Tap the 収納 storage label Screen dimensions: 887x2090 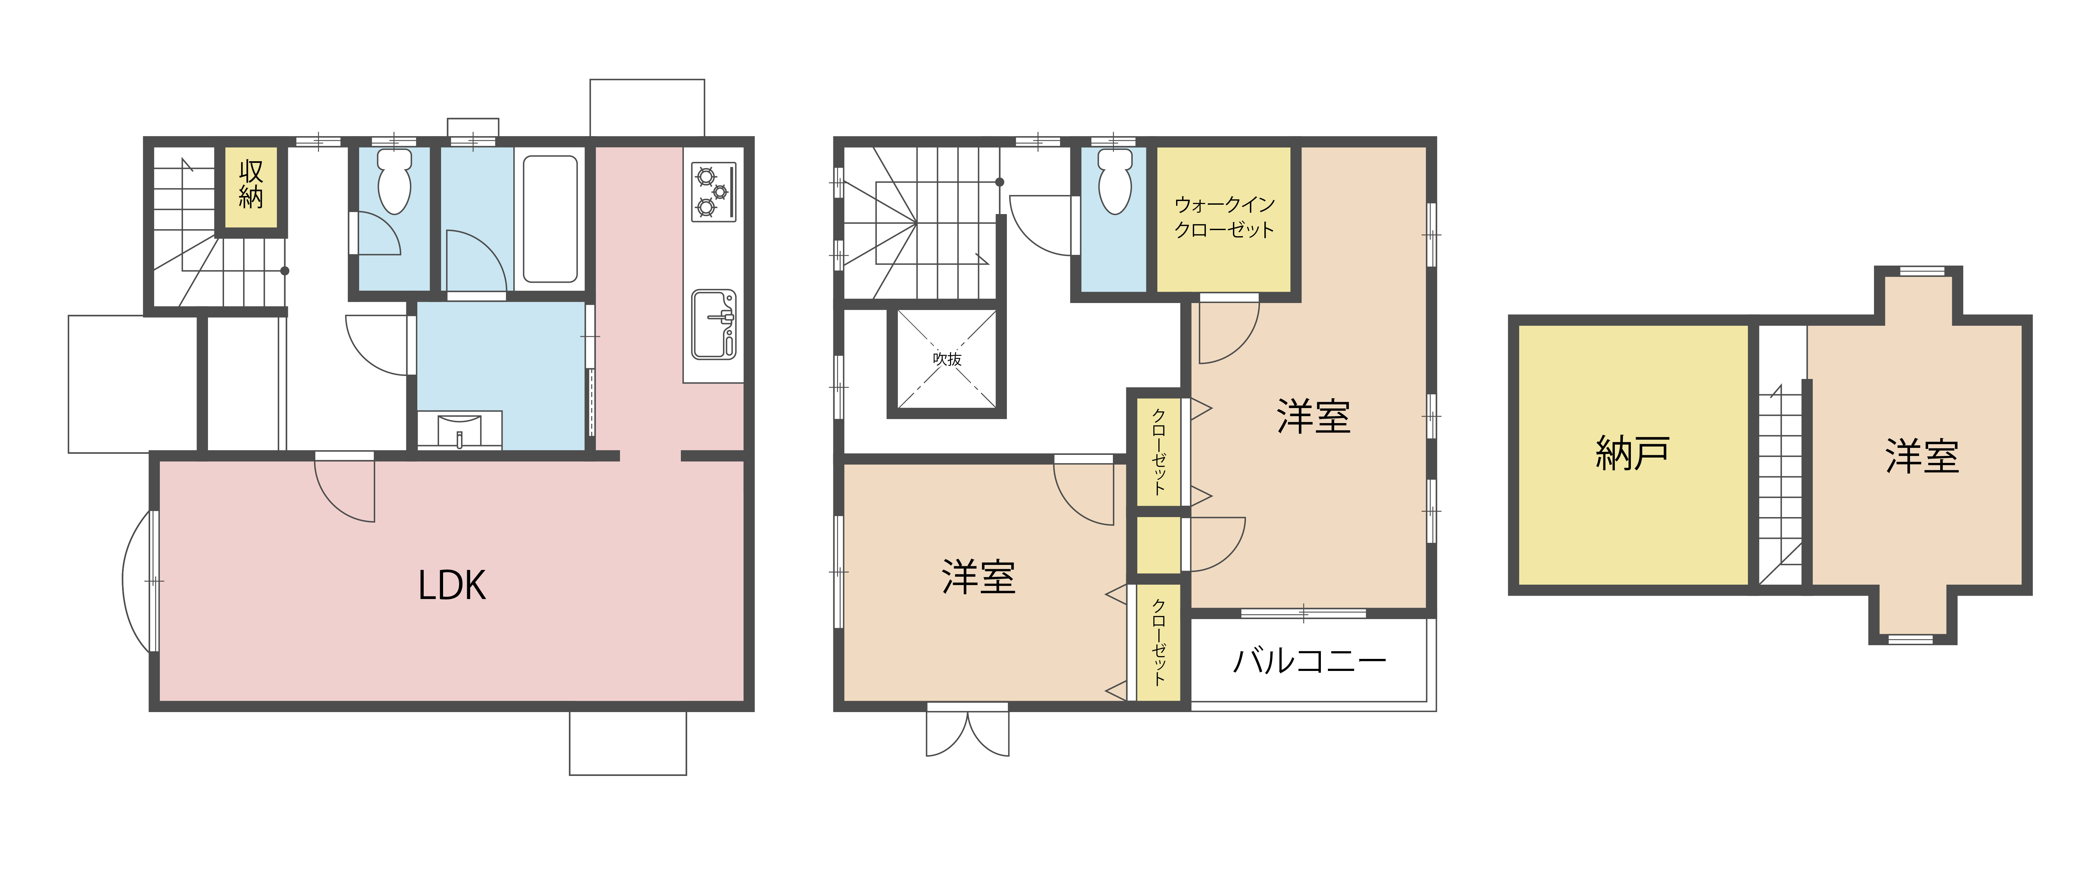tap(251, 185)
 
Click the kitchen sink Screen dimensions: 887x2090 tap(713, 324)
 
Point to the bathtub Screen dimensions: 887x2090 tap(550, 219)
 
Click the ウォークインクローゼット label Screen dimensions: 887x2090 tap(1224, 217)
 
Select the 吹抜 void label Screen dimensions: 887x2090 tap(947, 359)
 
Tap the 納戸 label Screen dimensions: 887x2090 tap(1633, 453)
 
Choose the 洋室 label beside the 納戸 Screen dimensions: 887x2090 tap(1921, 456)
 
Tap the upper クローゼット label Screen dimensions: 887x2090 tap(1159, 451)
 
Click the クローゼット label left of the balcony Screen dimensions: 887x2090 tap(1159, 642)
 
